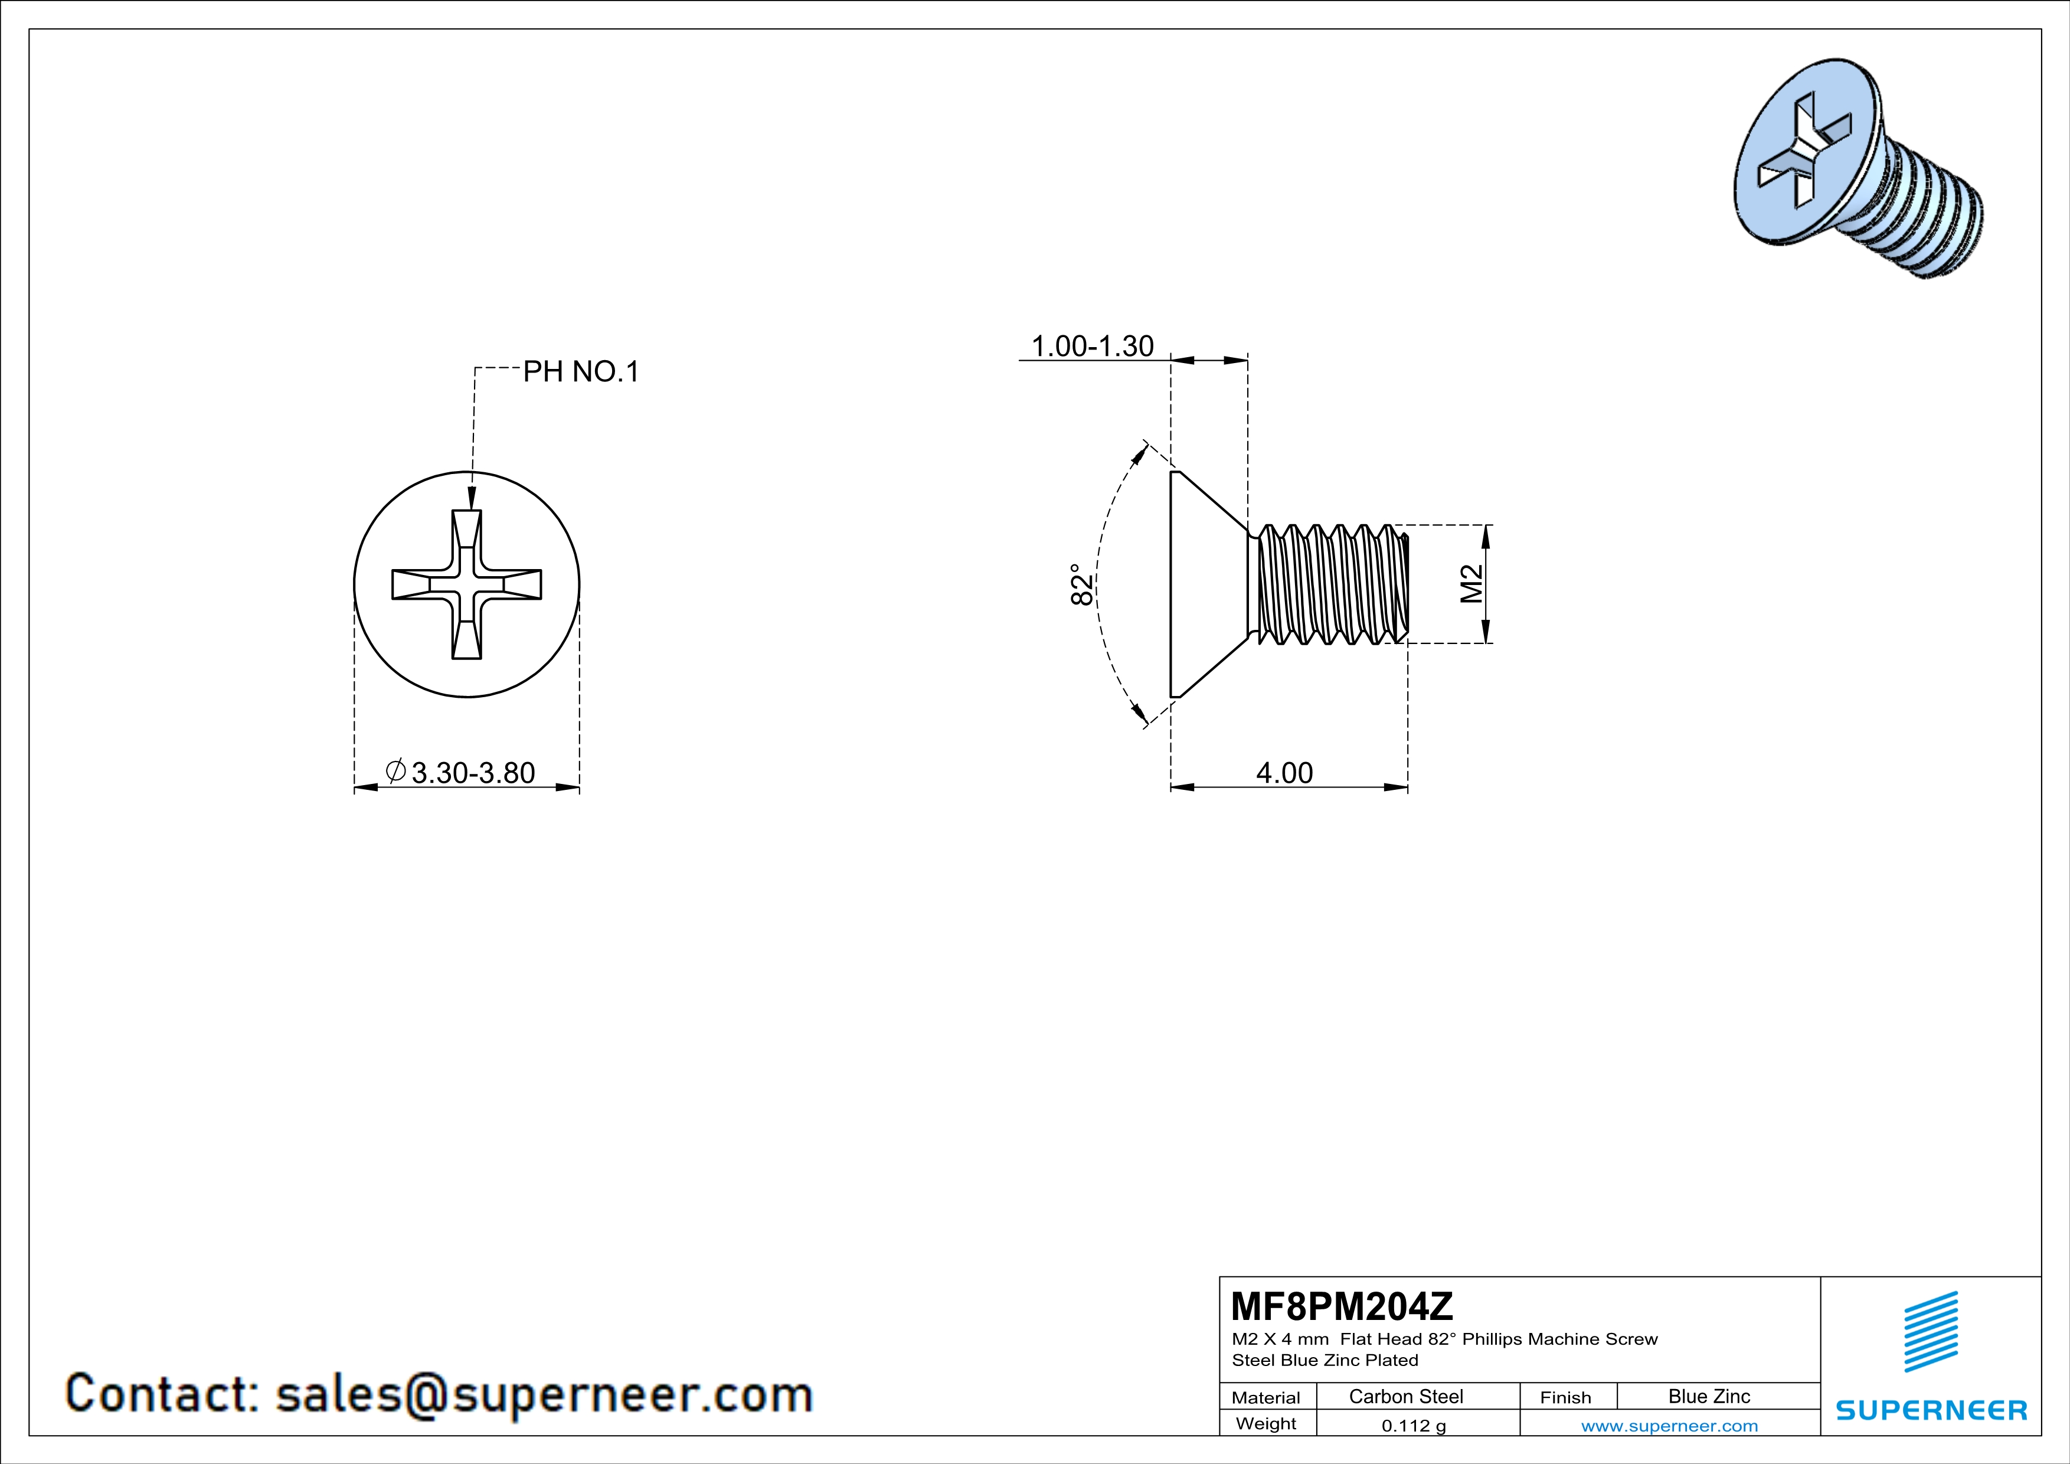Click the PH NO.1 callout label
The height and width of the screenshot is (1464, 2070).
pyautogui.click(x=581, y=371)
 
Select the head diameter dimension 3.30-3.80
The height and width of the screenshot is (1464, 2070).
pyautogui.click(x=472, y=773)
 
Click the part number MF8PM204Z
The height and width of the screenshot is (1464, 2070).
pyautogui.click(x=1342, y=1305)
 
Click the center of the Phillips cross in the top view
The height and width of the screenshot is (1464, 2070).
pyautogui.click(x=466, y=584)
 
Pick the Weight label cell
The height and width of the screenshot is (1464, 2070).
pyautogui.click(x=1266, y=1423)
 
